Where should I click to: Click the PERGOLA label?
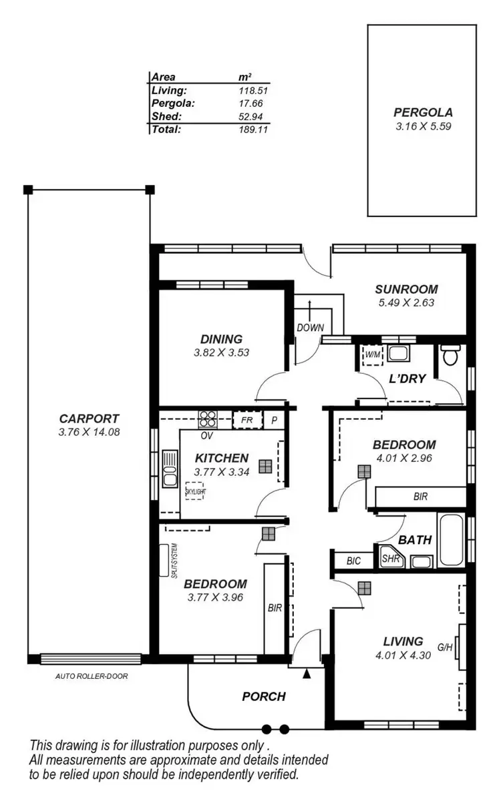click(x=423, y=112)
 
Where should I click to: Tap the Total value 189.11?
click(x=253, y=129)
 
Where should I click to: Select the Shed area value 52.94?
click(x=253, y=117)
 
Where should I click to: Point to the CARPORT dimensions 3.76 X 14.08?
click(x=89, y=432)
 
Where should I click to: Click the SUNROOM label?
click(x=406, y=290)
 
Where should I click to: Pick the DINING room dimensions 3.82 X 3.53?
click(x=221, y=352)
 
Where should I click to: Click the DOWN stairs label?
click(x=311, y=328)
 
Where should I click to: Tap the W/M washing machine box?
click(x=371, y=354)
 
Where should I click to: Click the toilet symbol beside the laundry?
click(x=451, y=354)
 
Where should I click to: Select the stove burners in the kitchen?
click(x=208, y=419)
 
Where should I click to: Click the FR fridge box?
click(x=246, y=421)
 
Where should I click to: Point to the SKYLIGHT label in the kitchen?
click(x=195, y=491)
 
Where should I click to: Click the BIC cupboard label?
click(x=353, y=561)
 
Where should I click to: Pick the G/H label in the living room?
click(x=445, y=647)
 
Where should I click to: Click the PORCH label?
click(x=263, y=696)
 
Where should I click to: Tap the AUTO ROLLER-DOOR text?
click(x=91, y=676)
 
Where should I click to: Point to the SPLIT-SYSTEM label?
click(x=173, y=559)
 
